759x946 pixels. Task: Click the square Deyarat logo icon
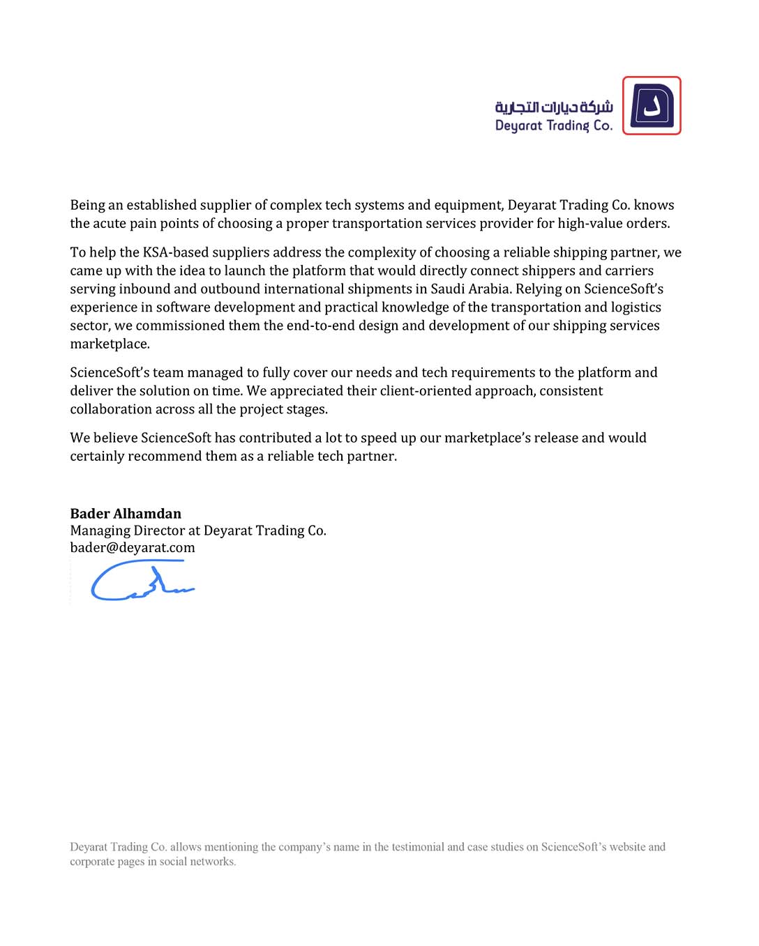pos(652,106)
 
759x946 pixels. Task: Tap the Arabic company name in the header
pos(554,107)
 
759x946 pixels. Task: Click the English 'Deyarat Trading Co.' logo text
pos(554,125)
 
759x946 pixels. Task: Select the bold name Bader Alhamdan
pos(126,514)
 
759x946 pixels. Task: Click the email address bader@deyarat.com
pos(133,548)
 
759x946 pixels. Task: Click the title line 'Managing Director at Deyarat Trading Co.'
pos(198,531)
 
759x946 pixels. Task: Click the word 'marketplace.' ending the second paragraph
pos(110,344)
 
